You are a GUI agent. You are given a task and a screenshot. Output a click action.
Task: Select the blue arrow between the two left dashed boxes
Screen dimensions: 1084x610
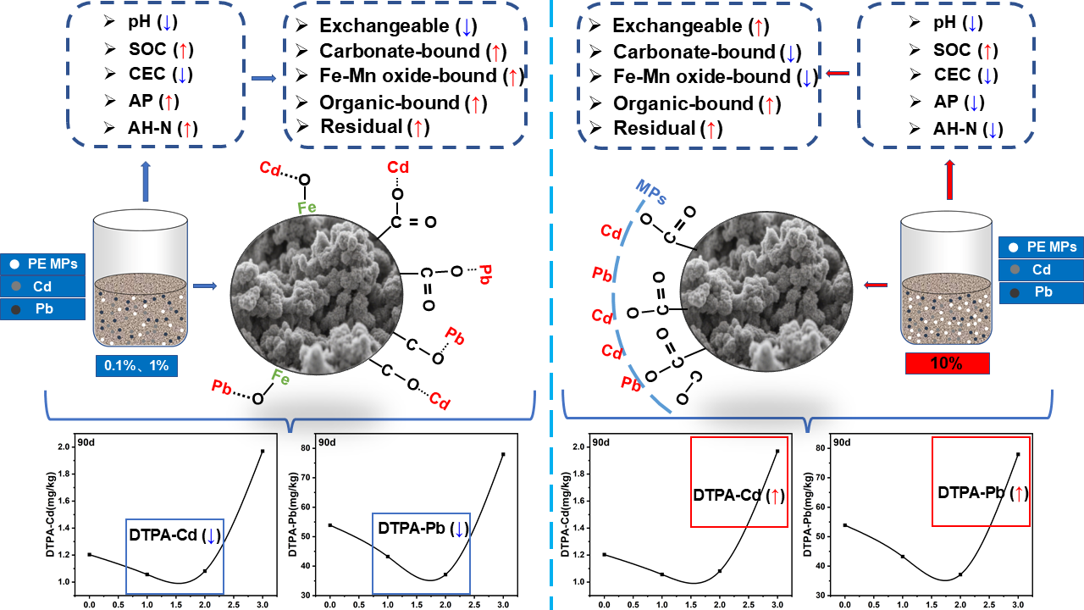click(265, 80)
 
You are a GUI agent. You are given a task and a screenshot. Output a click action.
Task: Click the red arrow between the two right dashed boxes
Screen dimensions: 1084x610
click(837, 74)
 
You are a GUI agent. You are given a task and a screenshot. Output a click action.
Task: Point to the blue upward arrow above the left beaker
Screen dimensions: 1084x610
click(147, 183)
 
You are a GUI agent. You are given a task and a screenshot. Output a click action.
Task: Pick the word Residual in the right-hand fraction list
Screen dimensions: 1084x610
click(653, 129)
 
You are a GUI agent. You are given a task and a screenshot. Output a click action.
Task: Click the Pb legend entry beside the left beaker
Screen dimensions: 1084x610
click(44, 309)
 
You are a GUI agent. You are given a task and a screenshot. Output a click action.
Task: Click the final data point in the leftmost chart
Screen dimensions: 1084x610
click(263, 451)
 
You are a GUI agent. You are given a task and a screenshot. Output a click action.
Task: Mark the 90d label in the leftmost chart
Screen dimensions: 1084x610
click(86, 442)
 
